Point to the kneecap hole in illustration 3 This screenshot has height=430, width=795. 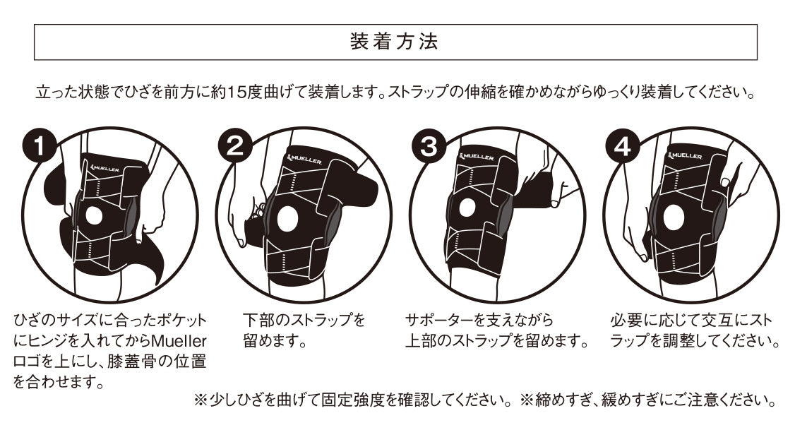(467, 207)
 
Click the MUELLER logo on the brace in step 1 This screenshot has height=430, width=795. (106, 169)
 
